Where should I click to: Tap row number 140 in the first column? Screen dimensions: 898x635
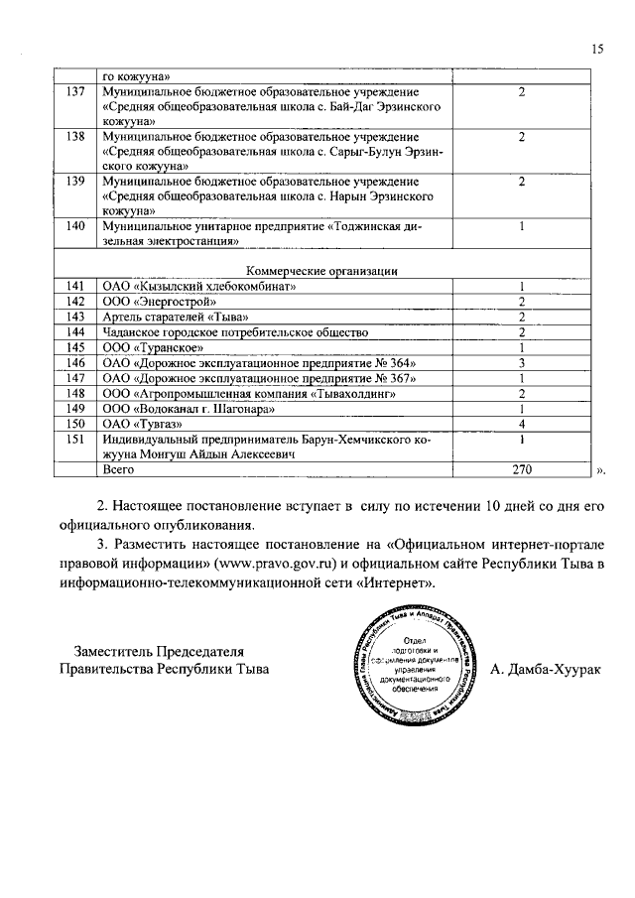(72, 226)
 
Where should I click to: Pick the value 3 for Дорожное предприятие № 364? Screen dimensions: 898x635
(521, 363)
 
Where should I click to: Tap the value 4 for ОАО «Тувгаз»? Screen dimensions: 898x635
(521, 425)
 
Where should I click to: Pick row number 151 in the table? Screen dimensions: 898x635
(72, 440)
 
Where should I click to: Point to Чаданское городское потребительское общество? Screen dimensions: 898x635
(222, 331)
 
